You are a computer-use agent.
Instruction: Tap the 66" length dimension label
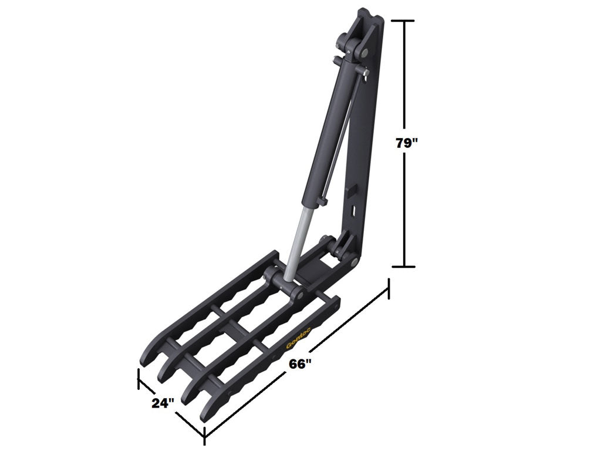click(299, 364)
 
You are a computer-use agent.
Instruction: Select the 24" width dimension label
click(163, 403)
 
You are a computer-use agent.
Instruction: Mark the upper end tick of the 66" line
click(388, 288)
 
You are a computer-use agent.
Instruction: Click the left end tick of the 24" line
click(139, 379)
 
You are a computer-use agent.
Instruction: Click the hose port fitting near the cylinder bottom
click(320, 203)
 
